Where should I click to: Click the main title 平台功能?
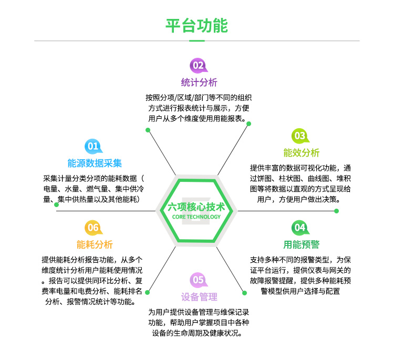(196, 25)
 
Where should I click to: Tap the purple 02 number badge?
(198, 65)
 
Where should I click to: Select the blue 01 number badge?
(93, 146)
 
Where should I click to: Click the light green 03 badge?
(299, 136)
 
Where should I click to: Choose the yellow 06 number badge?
(93, 227)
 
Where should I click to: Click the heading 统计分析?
(199, 83)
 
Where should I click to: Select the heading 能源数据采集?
(95, 163)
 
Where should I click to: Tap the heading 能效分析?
(301, 153)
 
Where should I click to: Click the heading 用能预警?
(301, 244)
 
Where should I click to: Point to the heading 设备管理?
(199, 297)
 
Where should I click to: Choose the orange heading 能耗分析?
(95, 244)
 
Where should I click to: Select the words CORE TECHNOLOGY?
(196, 216)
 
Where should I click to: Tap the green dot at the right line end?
(337, 211)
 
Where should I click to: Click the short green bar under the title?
(196, 40)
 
